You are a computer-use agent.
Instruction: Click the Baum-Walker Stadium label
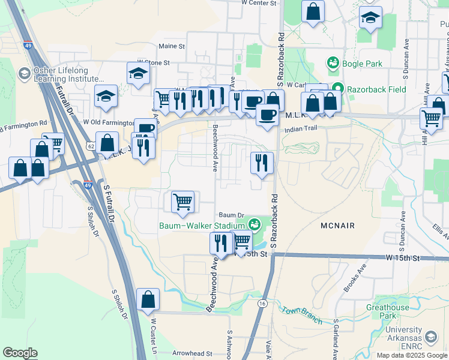click(x=202, y=226)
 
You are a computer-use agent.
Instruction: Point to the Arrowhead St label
click(x=188, y=354)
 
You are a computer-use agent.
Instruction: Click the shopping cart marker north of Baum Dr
click(x=182, y=202)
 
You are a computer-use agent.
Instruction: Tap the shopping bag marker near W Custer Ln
click(x=148, y=299)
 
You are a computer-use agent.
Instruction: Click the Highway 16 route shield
click(x=262, y=304)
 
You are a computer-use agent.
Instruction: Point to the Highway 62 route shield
click(x=90, y=146)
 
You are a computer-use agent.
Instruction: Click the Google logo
click(x=20, y=353)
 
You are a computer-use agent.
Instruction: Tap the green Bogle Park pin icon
click(x=332, y=62)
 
